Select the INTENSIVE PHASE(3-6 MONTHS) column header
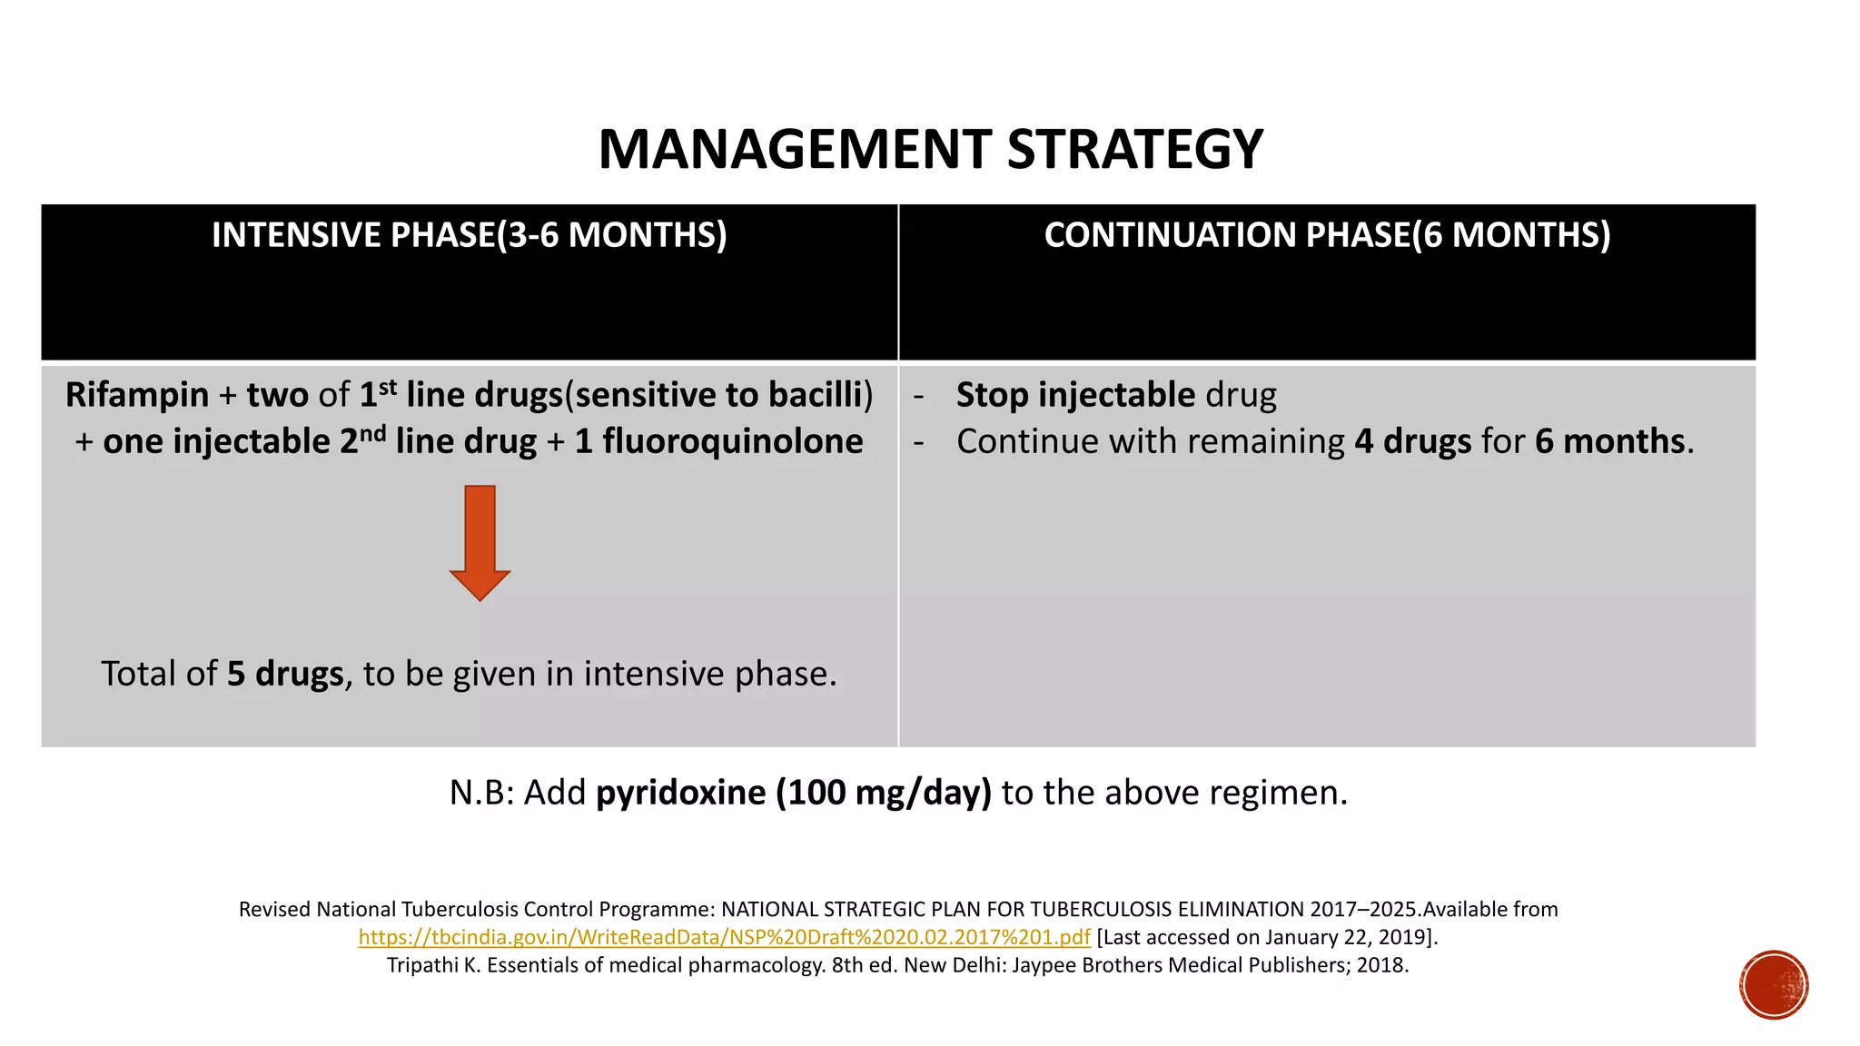(x=469, y=235)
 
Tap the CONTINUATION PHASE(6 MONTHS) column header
(x=1327, y=235)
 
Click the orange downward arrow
(x=480, y=542)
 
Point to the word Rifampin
(x=137, y=395)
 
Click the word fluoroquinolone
(x=732, y=441)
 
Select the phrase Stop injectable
(x=1075, y=395)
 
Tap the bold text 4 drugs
(x=1412, y=441)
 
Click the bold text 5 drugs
(x=285, y=674)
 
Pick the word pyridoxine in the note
(x=680, y=793)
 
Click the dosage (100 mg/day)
(x=883, y=793)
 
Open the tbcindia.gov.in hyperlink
(x=724, y=937)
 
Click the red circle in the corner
(x=1774, y=985)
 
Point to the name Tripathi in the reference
(x=423, y=965)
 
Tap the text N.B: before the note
(x=481, y=793)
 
